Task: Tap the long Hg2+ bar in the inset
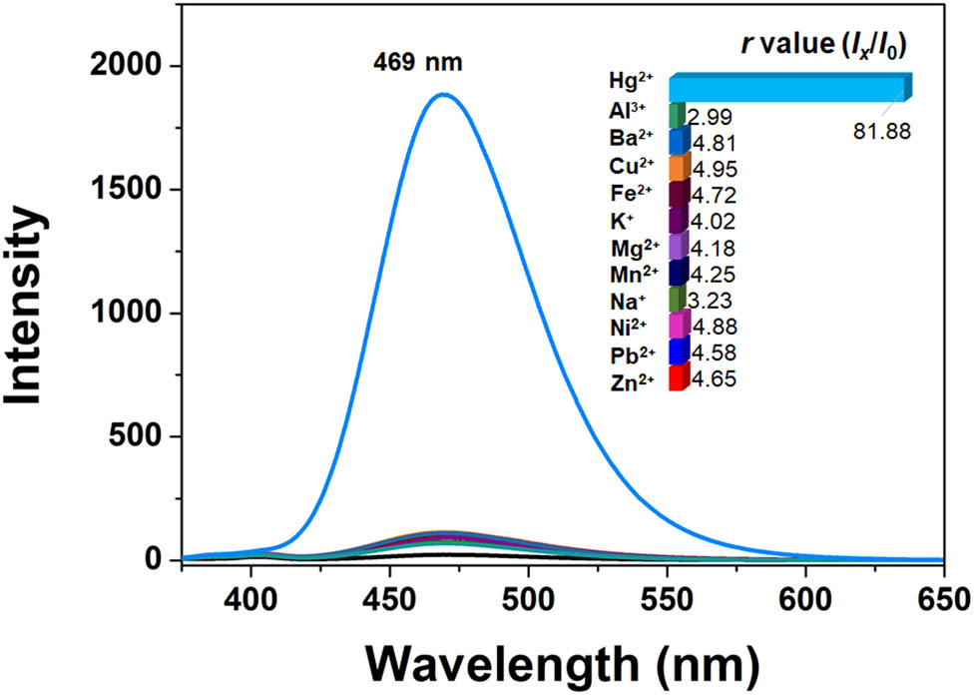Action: [x=788, y=88]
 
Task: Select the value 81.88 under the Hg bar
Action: [x=883, y=131]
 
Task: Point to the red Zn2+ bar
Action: [x=677, y=378]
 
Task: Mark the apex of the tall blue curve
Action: [x=442, y=95]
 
